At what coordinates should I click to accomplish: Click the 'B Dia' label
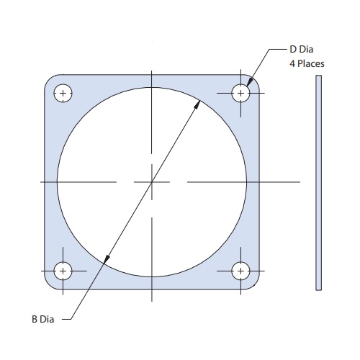[43, 319]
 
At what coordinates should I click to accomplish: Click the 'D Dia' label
[302, 49]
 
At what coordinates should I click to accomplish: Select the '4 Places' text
[307, 63]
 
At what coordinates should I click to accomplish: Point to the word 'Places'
[311, 63]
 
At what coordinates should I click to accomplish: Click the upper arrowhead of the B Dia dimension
[198, 104]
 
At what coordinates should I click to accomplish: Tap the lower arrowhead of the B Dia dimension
[107, 259]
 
